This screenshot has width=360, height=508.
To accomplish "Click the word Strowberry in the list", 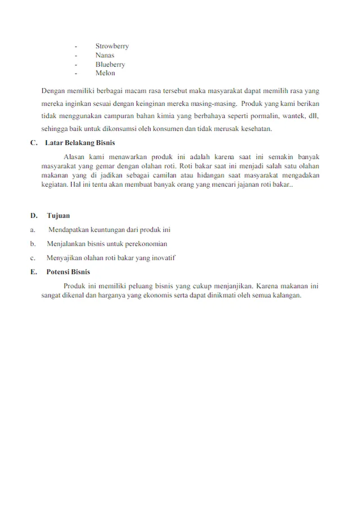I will (112, 46).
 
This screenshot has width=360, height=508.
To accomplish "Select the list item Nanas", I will (105, 55).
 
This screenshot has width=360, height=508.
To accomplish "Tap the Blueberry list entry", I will (110, 64).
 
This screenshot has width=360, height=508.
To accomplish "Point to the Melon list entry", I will (105, 73).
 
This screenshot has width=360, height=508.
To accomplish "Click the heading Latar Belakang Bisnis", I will (80, 143).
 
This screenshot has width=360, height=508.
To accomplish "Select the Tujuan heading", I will (58, 215).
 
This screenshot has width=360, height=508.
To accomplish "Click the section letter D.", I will (34, 215).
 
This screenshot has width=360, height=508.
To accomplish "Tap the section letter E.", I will (34, 272).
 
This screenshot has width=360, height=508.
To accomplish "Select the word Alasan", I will (75, 157).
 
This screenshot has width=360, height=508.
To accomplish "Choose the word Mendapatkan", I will (69, 230).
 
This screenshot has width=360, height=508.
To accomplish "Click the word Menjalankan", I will (67, 244).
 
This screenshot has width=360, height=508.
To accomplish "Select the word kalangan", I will (287, 295).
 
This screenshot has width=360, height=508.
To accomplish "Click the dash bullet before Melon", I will (75, 73).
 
